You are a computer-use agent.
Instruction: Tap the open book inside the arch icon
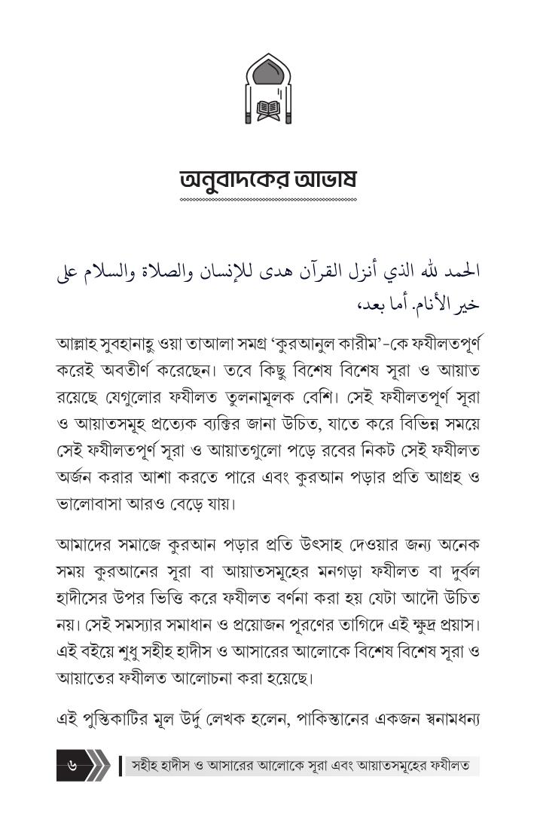[268, 109]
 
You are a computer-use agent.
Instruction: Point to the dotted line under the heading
[268, 200]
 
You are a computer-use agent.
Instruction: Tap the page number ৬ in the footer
[73, 766]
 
